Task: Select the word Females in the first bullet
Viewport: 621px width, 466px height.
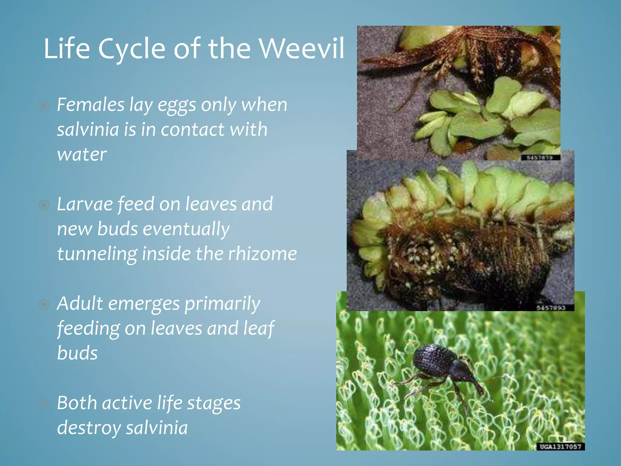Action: tap(90, 105)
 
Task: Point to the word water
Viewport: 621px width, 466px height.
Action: tap(82, 155)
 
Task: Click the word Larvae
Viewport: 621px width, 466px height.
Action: tap(85, 204)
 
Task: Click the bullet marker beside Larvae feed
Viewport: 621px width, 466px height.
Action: tap(44, 205)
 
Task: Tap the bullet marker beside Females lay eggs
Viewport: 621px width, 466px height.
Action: tap(44, 106)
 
